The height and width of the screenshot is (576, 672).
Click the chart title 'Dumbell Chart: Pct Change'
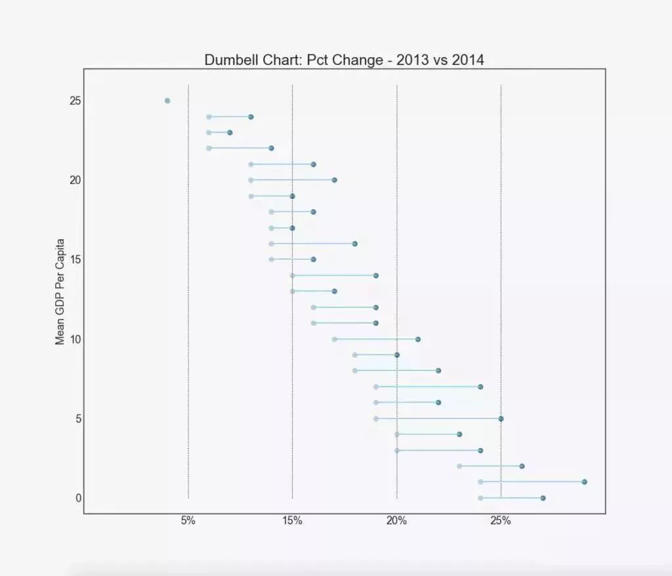point(344,60)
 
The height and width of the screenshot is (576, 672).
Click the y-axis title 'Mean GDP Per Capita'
point(60,291)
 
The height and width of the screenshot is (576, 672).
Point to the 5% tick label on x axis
point(188,521)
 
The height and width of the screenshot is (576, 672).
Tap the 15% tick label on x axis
point(292,521)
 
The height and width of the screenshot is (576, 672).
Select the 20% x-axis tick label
point(396,521)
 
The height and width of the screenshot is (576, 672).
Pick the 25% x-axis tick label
point(501,521)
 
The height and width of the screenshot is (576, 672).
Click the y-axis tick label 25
point(74,101)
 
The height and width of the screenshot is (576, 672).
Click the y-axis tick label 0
point(79,498)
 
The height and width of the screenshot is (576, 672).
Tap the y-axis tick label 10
point(74,339)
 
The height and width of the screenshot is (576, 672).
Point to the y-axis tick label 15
point(74,259)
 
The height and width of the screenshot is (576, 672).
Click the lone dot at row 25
point(167,100)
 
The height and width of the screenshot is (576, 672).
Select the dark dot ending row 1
point(584,482)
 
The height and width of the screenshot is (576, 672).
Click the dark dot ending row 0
point(543,498)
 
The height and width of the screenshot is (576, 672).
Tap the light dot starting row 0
point(480,498)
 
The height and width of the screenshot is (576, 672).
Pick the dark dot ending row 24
point(251,117)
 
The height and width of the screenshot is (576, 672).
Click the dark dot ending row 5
point(501,418)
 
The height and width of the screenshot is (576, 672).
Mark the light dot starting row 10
point(334,339)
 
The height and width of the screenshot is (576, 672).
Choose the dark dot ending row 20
point(334,180)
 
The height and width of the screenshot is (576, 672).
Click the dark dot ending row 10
point(417,339)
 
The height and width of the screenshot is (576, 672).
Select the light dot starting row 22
point(209,148)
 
